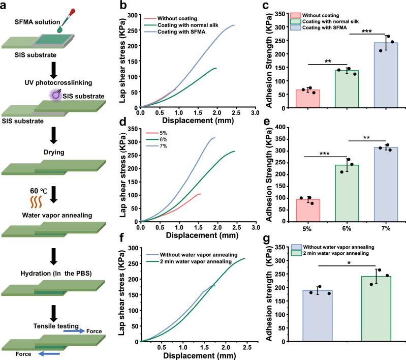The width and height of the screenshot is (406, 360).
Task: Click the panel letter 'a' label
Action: (x=5, y=6)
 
